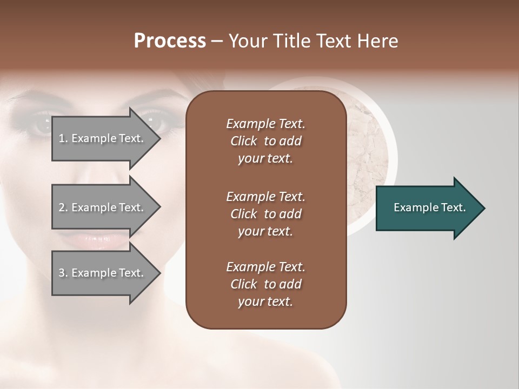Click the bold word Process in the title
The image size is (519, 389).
coord(170,41)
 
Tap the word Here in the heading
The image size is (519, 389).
coord(378,41)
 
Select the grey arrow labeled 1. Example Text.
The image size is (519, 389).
coord(103,138)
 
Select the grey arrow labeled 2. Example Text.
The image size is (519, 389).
coord(103,207)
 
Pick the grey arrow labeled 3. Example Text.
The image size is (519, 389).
coord(103,273)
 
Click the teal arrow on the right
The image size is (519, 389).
coord(427,207)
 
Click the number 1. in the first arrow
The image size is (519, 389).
coord(63,138)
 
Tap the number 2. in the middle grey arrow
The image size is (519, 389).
coord(63,207)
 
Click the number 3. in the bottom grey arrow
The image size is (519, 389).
coord(63,273)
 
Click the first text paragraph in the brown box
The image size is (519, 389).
coord(265,141)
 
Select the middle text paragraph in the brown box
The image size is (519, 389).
coord(265,214)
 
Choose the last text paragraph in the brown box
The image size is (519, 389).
coord(265,284)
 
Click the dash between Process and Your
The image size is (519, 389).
coord(217,41)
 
